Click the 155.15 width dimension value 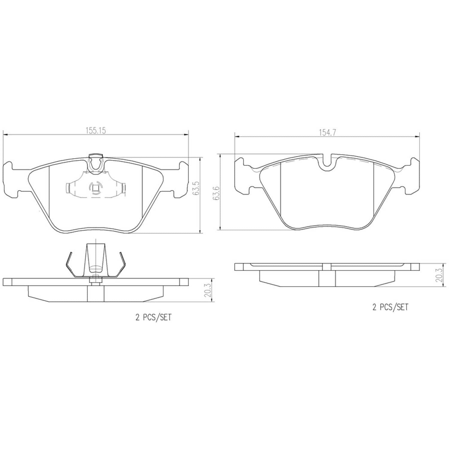pos(96,131)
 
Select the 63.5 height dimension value pos(196,188)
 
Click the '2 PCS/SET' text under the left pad pos(154,318)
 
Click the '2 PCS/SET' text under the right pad pos(390,307)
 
